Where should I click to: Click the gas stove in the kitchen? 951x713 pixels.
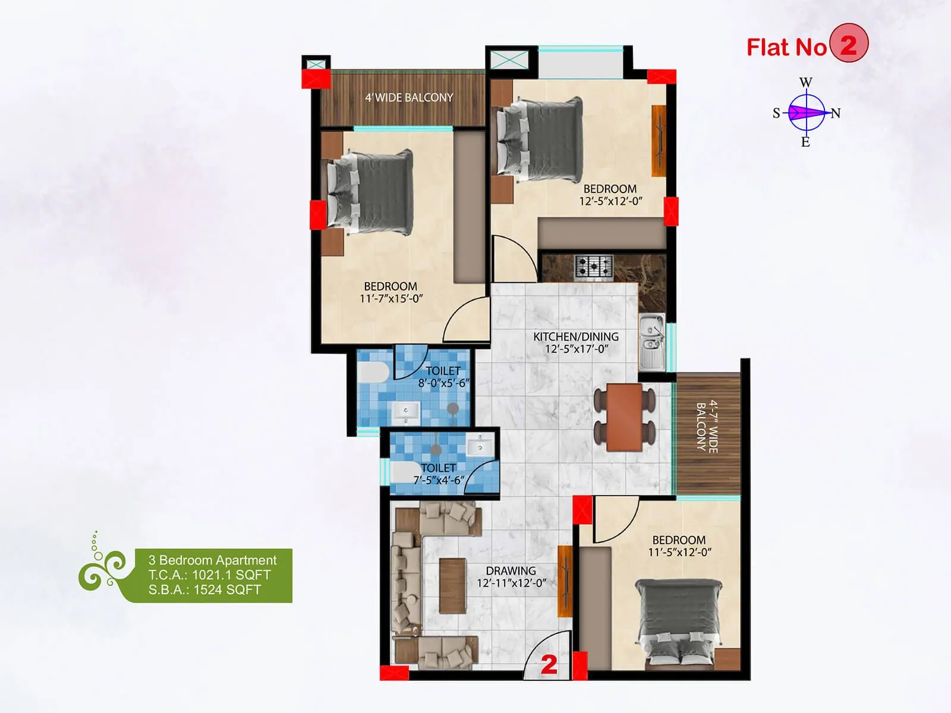point(594,267)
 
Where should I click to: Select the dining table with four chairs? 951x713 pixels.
point(625,417)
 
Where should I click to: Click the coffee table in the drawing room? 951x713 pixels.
point(452,585)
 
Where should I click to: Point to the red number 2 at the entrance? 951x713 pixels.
point(549,664)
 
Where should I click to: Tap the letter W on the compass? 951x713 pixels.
point(806,83)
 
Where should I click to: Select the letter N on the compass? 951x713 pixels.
point(836,113)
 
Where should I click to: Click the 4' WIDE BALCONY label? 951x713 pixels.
point(409,97)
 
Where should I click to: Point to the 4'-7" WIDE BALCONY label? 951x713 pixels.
point(707,427)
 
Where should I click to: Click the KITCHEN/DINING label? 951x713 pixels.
point(575,336)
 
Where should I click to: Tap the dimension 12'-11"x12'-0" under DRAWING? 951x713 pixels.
point(511,583)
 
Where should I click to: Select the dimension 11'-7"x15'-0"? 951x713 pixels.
point(391,298)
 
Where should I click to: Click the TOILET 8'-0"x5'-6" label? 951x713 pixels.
point(443,377)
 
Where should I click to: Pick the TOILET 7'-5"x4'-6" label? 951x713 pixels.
point(439,474)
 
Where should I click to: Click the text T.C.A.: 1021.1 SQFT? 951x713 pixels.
point(209,575)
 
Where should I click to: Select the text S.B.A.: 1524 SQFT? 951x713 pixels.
point(204,589)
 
